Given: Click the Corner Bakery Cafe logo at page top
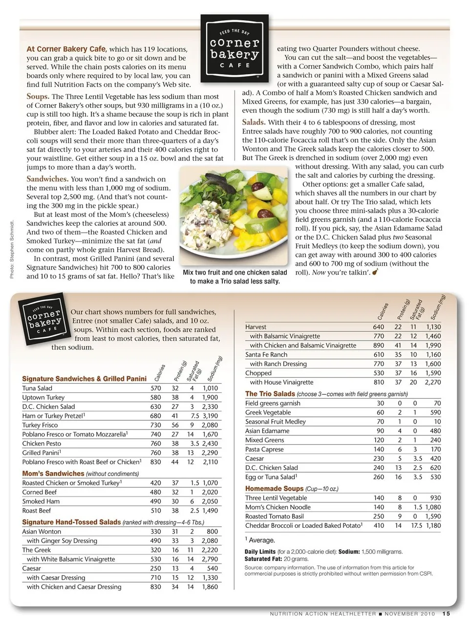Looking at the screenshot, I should (234, 49).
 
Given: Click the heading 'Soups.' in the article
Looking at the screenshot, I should (38, 96).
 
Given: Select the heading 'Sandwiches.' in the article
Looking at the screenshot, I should (47, 179).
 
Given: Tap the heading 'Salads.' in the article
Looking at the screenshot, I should (254, 122).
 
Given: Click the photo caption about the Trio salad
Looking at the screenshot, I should (234, 277).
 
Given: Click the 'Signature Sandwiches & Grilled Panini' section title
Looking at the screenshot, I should (84, 379).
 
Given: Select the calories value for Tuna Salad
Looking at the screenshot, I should (155, 388).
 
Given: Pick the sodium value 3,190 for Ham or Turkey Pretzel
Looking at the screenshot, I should (211, 416).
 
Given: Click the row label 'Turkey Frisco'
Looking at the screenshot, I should (41, 425).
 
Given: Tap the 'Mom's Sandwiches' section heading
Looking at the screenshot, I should (53, 474).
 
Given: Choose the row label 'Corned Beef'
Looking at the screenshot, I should (40, 492).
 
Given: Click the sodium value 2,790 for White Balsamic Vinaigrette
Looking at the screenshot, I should (210, 559).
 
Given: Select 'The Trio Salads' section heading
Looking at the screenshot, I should (270, 394).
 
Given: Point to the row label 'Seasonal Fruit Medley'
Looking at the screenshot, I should (276, 422).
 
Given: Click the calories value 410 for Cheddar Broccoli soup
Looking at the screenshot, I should (379, 526).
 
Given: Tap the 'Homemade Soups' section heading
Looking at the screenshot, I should (274, 489).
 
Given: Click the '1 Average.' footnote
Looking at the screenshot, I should (260, 540).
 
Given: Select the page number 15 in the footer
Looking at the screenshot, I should (447, 614).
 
